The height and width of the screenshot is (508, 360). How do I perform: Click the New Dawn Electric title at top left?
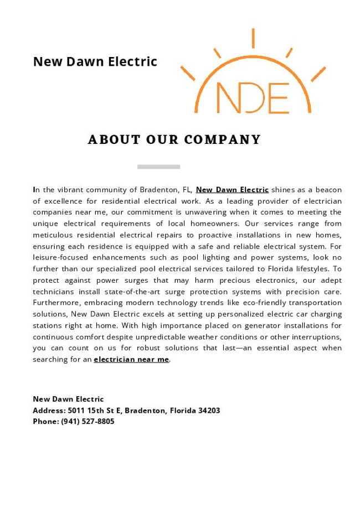pyautogui.click(x=95, y=61)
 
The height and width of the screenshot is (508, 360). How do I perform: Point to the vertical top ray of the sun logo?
pyautogui.click(x=253, y=38)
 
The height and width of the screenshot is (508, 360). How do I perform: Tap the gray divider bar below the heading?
pyautogui.click(x=158, y=166)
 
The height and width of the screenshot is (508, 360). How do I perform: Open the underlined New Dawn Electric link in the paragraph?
pyautogui.click(x=232, y=190)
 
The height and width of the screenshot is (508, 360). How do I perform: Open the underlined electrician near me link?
pyautogui.click(x=131, y=360)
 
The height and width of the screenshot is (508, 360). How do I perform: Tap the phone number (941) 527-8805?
pyautogui.click(x=88, y=422)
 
